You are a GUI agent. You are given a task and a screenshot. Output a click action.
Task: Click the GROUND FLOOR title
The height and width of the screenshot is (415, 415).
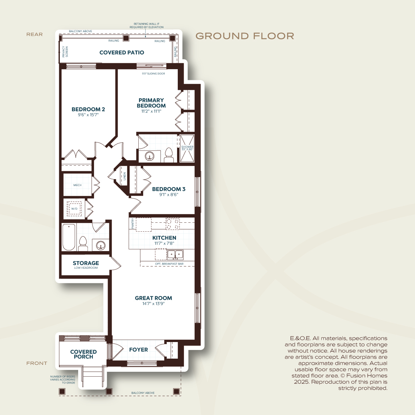point(245,36)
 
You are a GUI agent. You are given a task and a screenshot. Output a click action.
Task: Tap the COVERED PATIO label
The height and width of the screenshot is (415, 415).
point(122,53)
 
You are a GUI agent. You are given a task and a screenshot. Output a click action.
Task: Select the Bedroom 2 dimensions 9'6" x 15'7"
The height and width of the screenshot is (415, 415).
point(88,114)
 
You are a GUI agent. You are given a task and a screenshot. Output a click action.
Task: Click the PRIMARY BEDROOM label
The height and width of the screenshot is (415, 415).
point(151,103)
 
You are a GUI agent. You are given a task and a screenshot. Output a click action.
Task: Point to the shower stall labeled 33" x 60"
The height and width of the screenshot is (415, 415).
point(187,148)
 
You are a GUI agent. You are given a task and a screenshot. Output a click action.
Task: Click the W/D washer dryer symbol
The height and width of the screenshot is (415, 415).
point(74,209)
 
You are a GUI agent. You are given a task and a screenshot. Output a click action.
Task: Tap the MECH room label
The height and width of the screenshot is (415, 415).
point(77,185)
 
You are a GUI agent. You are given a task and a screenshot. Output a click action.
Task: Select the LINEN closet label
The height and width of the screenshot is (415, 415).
point(124,176)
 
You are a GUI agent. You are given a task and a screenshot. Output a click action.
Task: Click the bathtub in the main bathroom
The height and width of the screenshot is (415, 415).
point(69,237)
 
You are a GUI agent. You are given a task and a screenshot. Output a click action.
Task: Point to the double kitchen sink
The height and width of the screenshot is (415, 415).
point(175,255)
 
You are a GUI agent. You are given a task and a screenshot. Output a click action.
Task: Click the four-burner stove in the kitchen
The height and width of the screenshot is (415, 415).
point(173,224)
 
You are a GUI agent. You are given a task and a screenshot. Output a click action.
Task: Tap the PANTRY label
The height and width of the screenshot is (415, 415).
point(132,223)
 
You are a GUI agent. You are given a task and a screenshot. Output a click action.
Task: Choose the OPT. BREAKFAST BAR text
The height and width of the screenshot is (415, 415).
point(169,264)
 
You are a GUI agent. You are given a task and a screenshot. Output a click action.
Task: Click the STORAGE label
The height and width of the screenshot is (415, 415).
point(86,263)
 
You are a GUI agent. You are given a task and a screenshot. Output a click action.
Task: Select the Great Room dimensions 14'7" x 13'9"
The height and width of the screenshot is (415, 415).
point(153,304)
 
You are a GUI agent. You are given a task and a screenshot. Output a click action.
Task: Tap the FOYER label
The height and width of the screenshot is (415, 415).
point(138,350)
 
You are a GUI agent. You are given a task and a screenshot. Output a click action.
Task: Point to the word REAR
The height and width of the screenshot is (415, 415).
point(35,35)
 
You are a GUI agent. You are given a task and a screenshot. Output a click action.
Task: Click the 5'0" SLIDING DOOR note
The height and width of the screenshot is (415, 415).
point(153,73)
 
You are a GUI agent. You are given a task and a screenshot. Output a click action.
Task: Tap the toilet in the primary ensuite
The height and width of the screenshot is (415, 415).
point(169,155)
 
